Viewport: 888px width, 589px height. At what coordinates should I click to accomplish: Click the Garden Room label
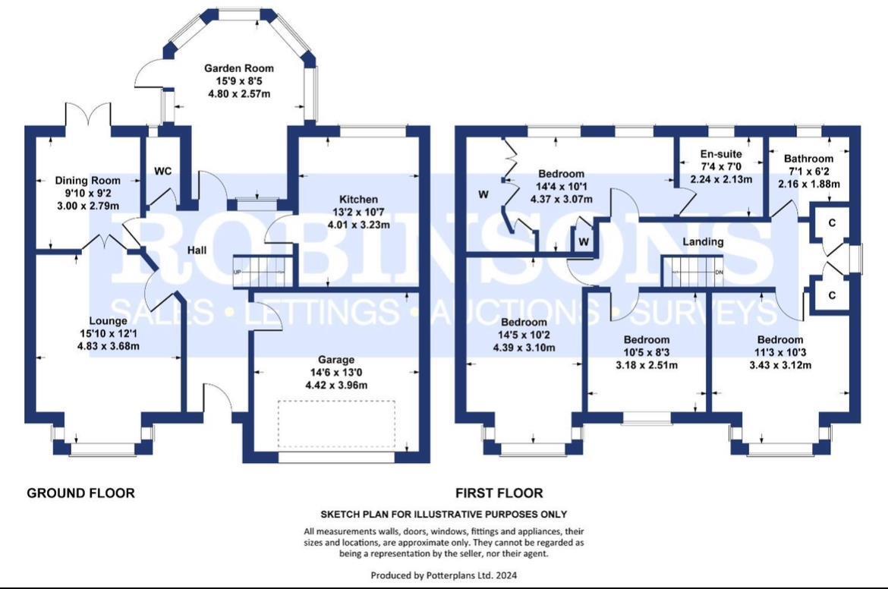pyautogui.click(x=238, y=68)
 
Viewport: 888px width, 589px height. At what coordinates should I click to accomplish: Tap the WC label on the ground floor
pyautogui.click(x=162, y=171)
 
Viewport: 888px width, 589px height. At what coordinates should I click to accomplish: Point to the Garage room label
pyautogui.click(x=335, y=360)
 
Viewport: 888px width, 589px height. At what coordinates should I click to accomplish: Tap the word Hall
pyautogui.click(x=198, y=250)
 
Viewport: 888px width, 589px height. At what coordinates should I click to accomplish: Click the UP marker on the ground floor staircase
pyautogui.click(x=237, y=272)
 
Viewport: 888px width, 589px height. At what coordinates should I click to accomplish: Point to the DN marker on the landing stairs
pyautogui.click(x=720, y=273)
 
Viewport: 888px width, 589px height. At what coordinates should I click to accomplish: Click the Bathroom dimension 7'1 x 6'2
pyautogui.click(x=808, y=172)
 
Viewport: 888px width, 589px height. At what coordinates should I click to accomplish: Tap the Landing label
pyautogui.click(x=702, y=242)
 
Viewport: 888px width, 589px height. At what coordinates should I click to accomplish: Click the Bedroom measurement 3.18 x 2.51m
pyautogui.click(x=647, y=364)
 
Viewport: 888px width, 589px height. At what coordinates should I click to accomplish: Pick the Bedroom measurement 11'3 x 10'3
pyautogui.click(x=779, y=352)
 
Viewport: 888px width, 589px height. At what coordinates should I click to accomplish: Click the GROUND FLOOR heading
pyautogui.click(x=80, y=493)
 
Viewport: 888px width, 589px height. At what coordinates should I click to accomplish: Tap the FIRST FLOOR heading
pyautogui.click(x=499, y=493)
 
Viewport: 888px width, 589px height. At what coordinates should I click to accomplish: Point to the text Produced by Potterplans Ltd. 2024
pyautogui.click(x=443, y=575)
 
